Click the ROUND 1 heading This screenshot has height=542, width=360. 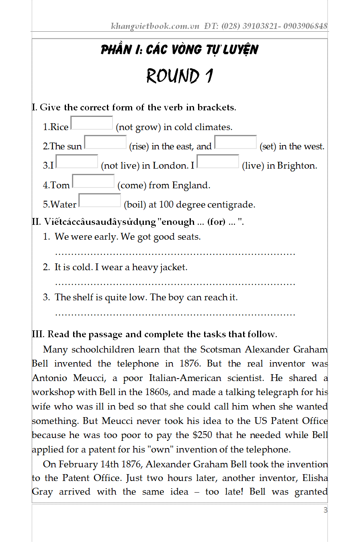(179, 76)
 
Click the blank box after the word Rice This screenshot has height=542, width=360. (92, 123)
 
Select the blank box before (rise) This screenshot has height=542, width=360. (105, 143)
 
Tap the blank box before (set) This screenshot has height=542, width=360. (235, 143)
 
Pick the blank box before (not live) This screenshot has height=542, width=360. (77, 162)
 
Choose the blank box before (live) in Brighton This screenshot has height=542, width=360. (218, 162)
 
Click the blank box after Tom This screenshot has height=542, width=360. (93, 181)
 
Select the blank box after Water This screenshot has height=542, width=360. (100, 200)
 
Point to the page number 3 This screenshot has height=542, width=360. (325, 510)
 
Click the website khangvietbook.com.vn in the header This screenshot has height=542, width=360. (155, 26)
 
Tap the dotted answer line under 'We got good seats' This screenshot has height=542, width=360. (175, 254)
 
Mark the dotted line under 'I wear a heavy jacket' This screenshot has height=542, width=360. (175, 284)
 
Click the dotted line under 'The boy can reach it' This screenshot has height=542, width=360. (175, 314)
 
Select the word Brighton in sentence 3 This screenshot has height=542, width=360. (297, 166)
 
